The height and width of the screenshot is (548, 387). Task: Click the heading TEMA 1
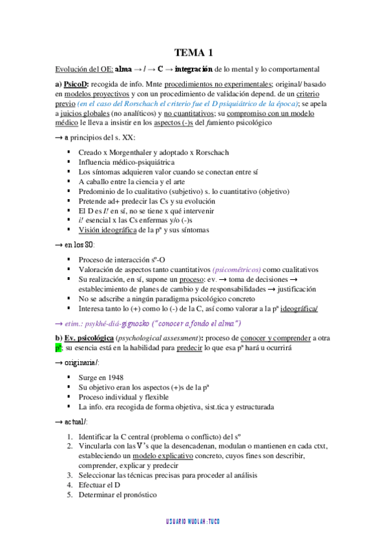[x=194, y=53]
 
